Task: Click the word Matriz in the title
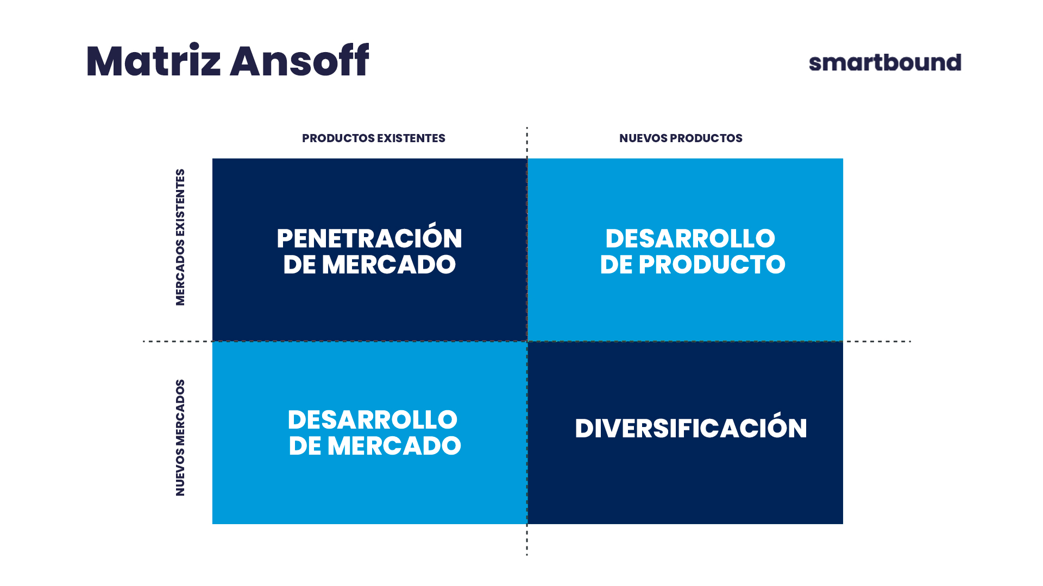(153, 60)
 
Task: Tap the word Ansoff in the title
(299, 60)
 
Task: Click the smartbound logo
(885, 62)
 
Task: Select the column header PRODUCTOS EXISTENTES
(374, 138)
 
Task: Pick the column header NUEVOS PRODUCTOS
(681, 138)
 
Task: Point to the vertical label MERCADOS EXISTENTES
(180, 237)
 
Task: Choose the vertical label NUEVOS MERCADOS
(180, 437)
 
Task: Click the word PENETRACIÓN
(369, 237)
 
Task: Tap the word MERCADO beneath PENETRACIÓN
(389, 265)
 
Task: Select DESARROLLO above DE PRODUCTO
(690, 239)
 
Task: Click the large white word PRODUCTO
(712, 265)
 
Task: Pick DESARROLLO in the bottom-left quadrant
(373, 420)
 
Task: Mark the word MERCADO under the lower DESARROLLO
(394, 446)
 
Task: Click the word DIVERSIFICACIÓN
(691, 426)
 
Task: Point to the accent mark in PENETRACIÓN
(433, 224)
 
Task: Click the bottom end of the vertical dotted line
(527, 555)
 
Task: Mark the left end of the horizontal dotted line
(143, 341)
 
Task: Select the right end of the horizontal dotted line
(910, 341)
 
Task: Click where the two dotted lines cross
(527, 341)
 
